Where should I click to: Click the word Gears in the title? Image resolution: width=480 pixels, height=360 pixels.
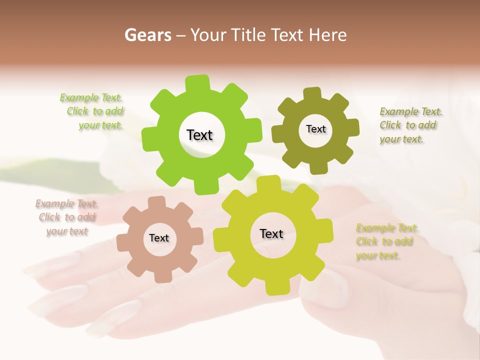point(147,35)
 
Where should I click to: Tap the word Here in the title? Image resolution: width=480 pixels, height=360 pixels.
point(328,35)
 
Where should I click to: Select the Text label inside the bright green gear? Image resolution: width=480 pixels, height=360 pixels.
point(199,135)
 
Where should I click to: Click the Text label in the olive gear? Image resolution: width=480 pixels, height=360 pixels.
point(315,129)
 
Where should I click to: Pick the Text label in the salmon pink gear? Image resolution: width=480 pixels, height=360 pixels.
point(159,238)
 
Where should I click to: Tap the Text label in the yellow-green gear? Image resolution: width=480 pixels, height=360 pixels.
point(271,233)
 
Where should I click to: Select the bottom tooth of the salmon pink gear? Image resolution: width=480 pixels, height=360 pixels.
point(161,276)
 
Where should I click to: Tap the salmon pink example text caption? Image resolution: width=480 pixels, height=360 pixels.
point(66,217)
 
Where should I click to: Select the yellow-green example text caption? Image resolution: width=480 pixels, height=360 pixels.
point(386,241)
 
